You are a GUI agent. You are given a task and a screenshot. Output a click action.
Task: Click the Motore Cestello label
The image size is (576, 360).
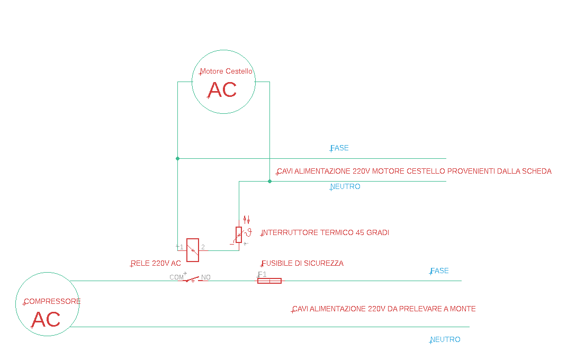tap(226, 71)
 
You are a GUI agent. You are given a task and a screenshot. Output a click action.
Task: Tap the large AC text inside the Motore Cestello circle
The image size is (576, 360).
tap(222, 90)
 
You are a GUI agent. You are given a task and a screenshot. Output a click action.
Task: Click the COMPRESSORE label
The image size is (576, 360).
tap(52, 301)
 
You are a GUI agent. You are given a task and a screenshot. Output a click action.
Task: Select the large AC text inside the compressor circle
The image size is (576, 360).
tap(46, 319)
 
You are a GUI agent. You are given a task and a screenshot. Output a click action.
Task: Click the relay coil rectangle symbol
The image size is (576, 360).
tap(193, 250)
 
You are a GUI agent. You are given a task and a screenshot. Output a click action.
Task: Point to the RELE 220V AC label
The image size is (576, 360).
tap(156, 263)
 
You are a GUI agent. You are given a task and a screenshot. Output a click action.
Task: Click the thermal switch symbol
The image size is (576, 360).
tap(239, 235)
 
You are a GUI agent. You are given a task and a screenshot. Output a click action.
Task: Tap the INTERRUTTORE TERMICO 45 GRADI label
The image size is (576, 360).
tap(325, 232)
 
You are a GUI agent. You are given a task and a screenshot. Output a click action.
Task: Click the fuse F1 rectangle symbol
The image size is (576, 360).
tap(269, 281)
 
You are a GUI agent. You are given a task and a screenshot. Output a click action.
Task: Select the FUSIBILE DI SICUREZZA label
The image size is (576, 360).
tap(302, 263)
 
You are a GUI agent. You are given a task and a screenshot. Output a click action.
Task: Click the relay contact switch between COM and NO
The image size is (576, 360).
tap(192, 279)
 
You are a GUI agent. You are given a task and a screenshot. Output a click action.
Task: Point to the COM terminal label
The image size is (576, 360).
tap(176, 277)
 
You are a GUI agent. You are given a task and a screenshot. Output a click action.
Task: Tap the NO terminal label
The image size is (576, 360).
tap(206, 277)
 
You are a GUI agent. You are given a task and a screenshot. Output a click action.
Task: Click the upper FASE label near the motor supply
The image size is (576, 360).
tap(339, 148)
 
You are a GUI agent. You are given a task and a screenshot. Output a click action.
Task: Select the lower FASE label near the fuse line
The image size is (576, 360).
tap(439, 271)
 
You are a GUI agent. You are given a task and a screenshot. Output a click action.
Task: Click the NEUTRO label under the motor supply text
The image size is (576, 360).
tap(345, 186)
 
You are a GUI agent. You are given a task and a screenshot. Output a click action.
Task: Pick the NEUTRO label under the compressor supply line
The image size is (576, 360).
tap(445, 339)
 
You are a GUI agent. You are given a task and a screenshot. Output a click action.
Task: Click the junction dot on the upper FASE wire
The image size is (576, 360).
tap(178, 158)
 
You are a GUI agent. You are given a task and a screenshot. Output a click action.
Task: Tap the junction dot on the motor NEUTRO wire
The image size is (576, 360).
tap(269, 181)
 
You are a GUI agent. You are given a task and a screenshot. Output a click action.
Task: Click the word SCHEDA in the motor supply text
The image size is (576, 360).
tap(537, 171)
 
